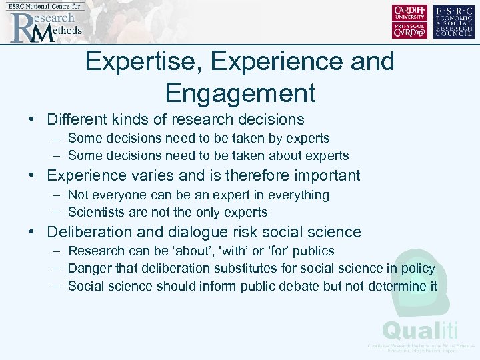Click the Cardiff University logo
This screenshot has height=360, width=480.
[x=410, y=21]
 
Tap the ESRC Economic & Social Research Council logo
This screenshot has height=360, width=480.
[x=455, y=21]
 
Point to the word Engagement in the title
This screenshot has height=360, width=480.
[x=240, y=93]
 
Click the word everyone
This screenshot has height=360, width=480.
[x=117, y=195]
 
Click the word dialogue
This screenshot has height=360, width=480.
[x=197, y=233]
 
